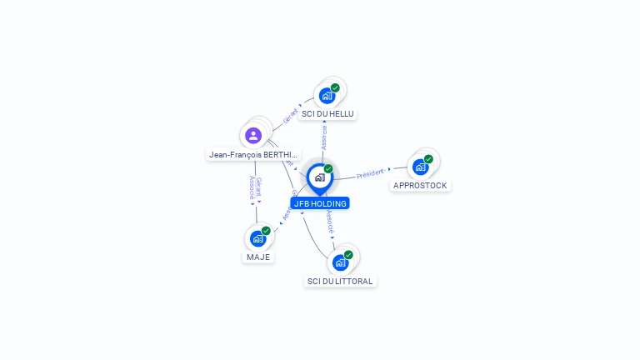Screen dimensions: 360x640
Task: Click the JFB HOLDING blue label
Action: coord(320,203)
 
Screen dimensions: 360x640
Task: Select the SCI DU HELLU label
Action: coord(327,114)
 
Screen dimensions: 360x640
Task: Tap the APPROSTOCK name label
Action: coord(420,186)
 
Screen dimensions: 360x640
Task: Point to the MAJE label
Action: coord(258,257)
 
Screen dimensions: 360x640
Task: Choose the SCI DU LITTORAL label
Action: coord(340,282)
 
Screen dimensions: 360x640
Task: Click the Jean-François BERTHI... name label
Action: coord(253,155)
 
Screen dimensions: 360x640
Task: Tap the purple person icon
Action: coord(253,135)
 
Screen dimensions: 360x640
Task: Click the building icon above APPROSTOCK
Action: coord(420,167)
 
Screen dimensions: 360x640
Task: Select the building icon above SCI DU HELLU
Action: coord(327,95)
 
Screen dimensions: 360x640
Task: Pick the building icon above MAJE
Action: coord(258,238)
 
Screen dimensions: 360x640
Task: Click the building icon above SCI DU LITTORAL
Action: coord(340,262)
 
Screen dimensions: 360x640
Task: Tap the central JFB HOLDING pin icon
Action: coord(319,177)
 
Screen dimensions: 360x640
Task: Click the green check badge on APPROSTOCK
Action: coord(428,159)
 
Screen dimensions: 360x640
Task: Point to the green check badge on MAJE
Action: coord(266,231)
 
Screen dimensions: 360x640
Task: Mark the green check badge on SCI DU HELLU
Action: coord(335,87)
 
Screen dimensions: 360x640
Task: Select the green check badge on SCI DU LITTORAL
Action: coord(348,255)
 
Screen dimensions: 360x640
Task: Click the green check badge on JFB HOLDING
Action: coord(328,169)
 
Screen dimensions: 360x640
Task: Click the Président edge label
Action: coord(370,174)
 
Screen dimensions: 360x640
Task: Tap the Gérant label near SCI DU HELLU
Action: coord(291,115)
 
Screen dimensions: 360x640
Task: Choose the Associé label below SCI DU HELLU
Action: coord(324,138)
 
